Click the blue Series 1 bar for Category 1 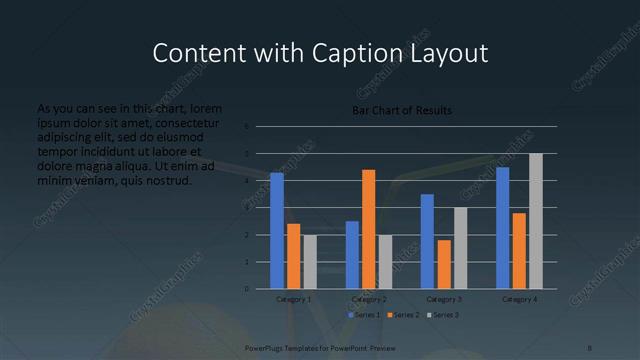[x=277, y=231]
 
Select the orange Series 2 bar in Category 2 [x=369, y=229]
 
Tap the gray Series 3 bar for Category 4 [x=536, y=221]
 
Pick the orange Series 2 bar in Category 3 [x=444, y=264]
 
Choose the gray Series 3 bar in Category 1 [x=310, y=262]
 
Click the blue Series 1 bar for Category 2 [x=352, y=255]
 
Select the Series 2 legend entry [x=404, y=315]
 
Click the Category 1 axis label [x=294, y=299]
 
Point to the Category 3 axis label [x=444, y=299]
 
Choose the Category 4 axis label [x=519, y=299]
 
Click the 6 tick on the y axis [x=246, y=127]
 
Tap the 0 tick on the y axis [x=246, y=289]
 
